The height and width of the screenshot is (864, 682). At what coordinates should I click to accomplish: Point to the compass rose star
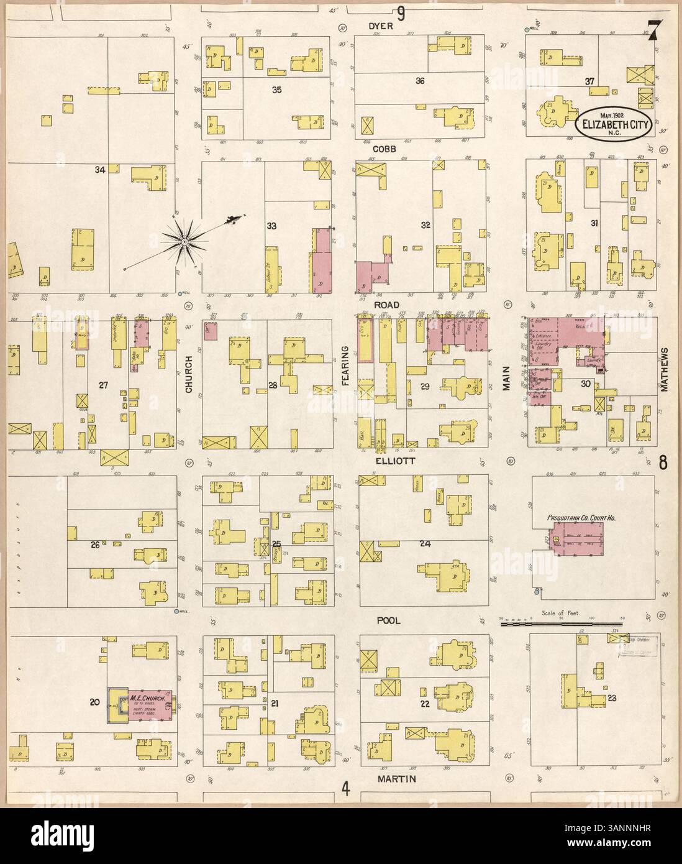184,239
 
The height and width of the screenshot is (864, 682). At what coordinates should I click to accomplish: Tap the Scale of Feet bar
562,619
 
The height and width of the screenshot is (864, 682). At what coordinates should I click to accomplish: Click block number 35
277,90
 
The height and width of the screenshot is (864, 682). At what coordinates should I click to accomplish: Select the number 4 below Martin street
345,788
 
